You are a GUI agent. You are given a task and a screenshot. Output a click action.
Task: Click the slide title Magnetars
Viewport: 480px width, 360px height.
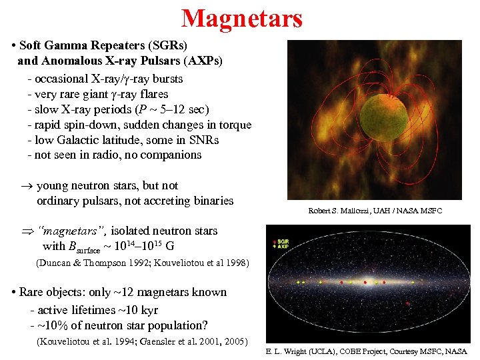pos(241,19)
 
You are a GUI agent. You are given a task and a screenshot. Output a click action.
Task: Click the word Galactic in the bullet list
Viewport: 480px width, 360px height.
pos(81,140)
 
